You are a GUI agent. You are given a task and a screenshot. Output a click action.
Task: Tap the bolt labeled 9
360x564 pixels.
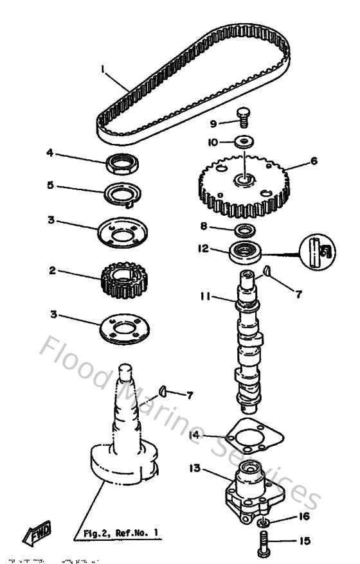click(x=244, y=118)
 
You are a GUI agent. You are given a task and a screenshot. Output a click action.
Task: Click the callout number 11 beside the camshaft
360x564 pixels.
click(x=204, y=297)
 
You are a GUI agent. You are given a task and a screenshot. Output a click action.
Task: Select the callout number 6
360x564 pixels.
click(x=314, y=161)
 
